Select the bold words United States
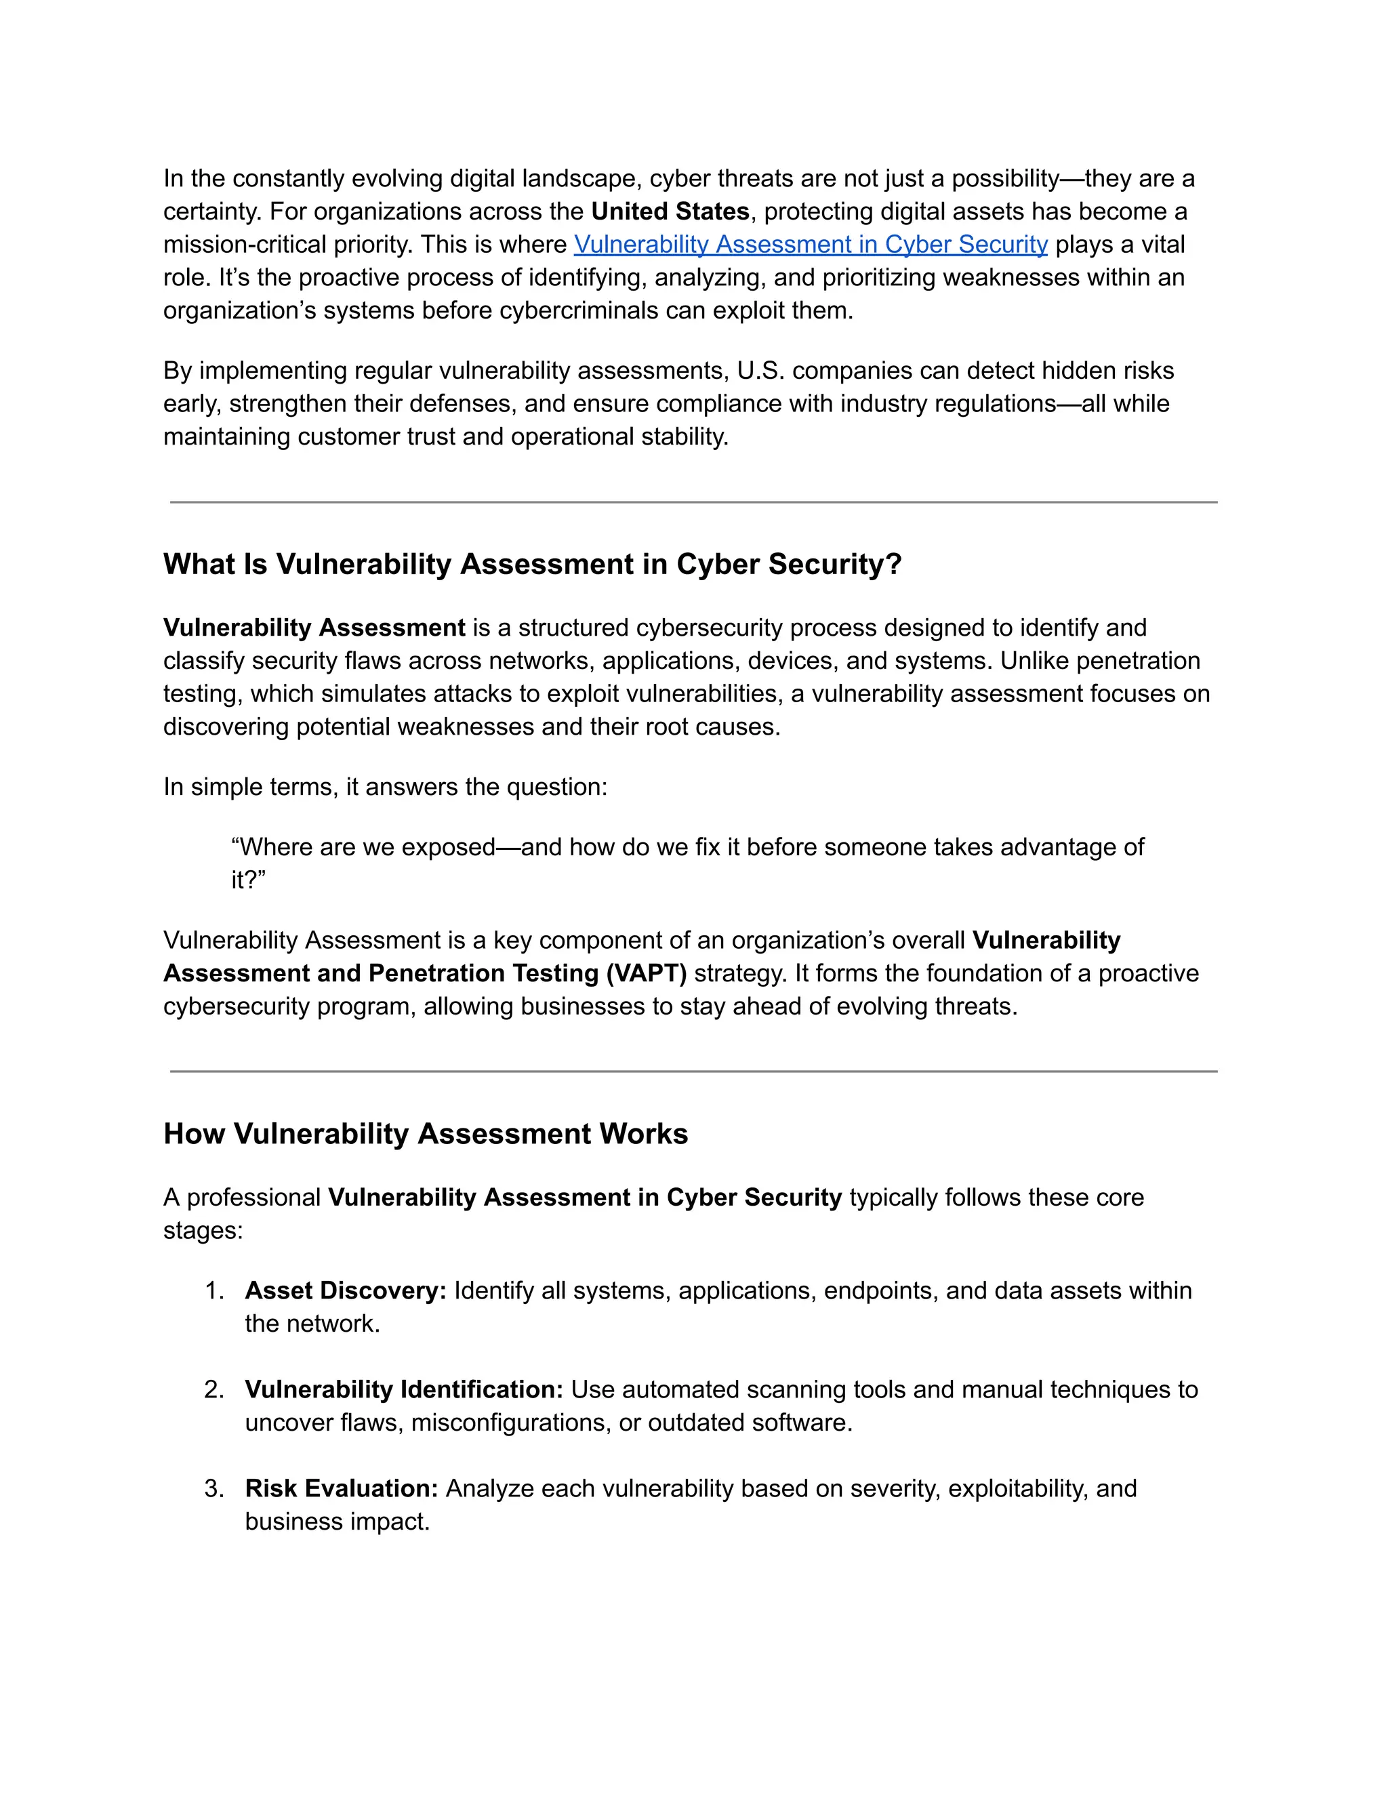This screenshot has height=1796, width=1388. (x=670, y=211)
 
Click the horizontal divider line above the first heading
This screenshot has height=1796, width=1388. (x=693, y=502)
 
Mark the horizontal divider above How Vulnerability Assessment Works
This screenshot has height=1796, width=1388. (x=693, y=1072)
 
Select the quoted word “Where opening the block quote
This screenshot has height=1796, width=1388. (x=270, y=847)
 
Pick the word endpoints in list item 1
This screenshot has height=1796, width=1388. (x=880, y=1290)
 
